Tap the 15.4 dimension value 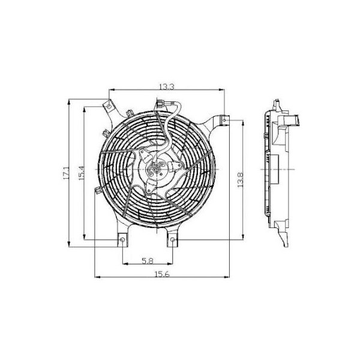click(x=79, y=172)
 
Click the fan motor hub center click(x=156, y=170)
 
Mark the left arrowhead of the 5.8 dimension click(x=124, y=264)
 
